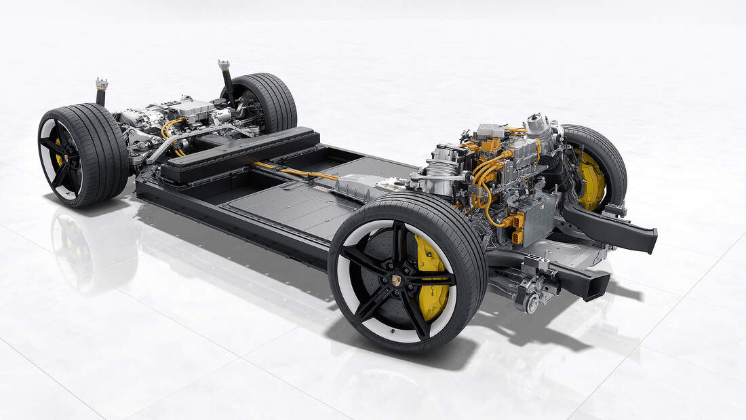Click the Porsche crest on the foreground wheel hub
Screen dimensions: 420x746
coord(396,279)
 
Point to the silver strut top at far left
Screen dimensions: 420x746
coord(102,84)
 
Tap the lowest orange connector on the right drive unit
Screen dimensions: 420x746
coord(517,235)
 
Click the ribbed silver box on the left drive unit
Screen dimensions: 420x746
coord(193,108)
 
